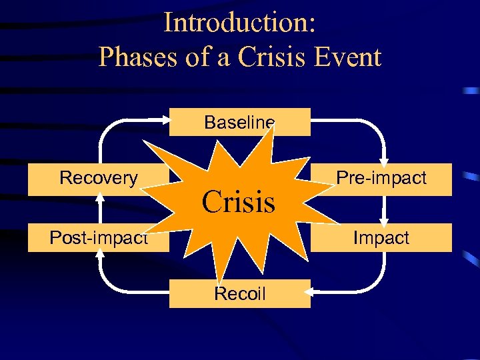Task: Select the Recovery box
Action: (98, 179)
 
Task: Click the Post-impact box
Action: (98, 238)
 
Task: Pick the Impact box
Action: (381, 238)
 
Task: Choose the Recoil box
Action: (240, 294)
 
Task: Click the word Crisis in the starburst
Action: (239, 201)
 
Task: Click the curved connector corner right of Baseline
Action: (377, 128)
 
